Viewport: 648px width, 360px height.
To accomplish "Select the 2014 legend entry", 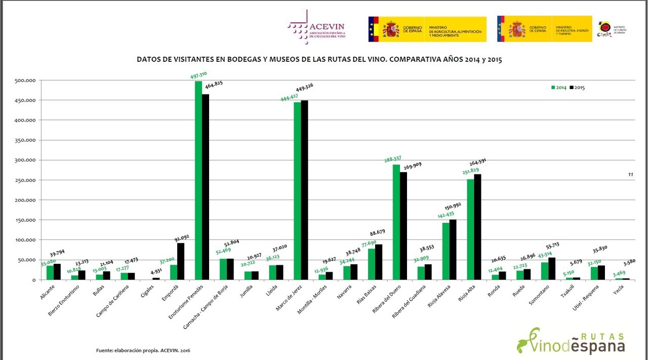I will pyautogui.click(x=558, y=88).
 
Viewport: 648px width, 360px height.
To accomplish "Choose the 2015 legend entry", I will pyautogui.click(x=578, y=88).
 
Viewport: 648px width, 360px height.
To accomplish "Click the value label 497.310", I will pyautogui.click(x=198, y=76).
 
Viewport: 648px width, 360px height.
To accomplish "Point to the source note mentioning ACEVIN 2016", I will pyautogui.click(x=143, y=350).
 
